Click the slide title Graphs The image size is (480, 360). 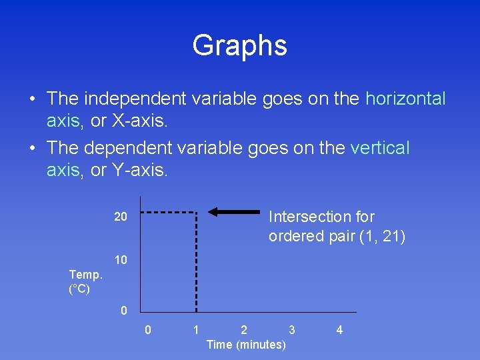[239, 46]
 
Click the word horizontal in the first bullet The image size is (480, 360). [405, 99]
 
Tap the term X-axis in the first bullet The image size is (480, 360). [141, 121]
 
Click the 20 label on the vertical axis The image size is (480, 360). [120, 217]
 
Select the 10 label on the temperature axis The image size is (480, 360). [120, 259]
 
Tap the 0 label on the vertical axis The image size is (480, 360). [123, 310]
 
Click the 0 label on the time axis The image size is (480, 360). [148, 330]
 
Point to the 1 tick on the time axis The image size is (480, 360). [195, 330]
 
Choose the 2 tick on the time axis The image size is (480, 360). [244, 330]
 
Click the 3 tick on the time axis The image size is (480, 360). [291, 330]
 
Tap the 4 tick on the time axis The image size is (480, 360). [339, 330]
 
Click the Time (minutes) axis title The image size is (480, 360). [246, 345]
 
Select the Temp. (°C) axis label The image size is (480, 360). [86, 281]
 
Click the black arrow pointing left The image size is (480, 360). [233, 212]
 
